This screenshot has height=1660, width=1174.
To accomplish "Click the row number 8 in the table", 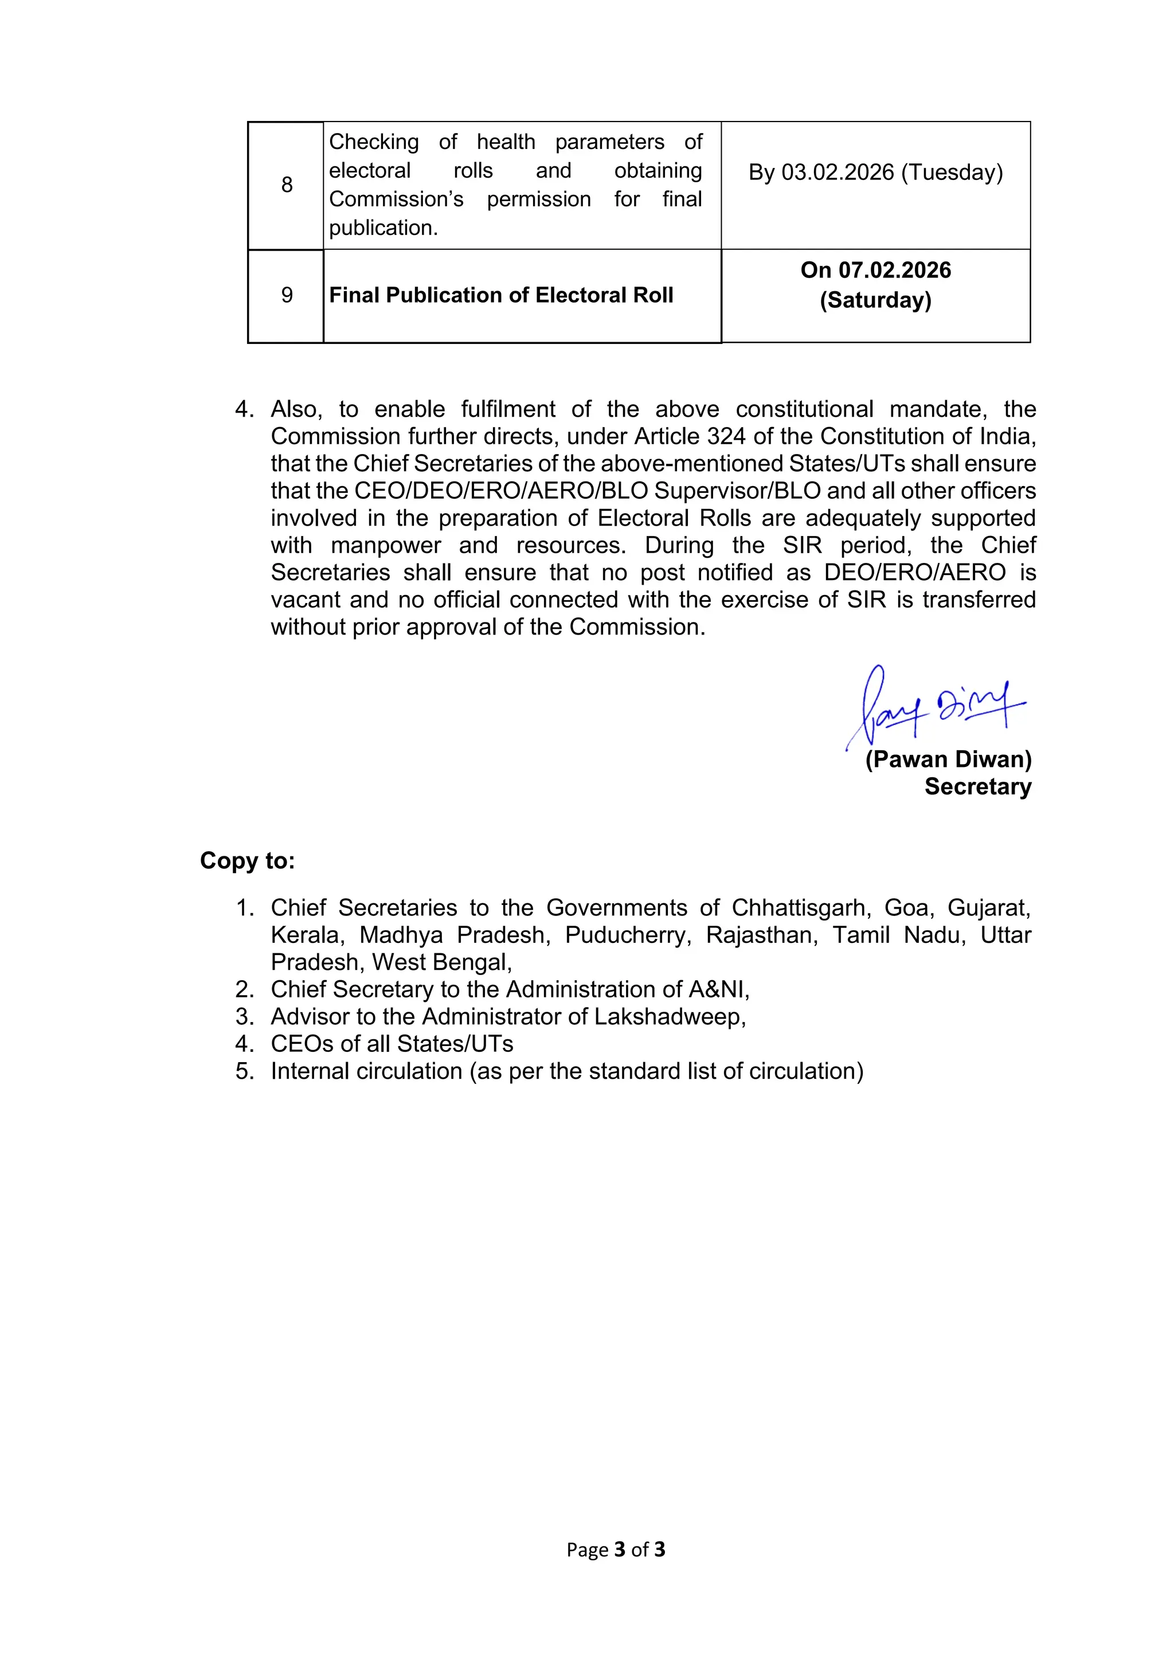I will coord(287,185).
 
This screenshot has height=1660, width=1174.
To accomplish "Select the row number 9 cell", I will coord(287,295).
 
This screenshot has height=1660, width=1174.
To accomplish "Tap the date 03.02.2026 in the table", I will coord(838,172).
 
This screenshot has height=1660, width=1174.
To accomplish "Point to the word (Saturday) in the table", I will coord(875,300).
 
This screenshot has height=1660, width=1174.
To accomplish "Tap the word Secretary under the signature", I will coord(977,786).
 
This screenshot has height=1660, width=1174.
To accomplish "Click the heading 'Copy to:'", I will coord(247,860).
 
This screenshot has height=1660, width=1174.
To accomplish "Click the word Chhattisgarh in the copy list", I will coord(799,907).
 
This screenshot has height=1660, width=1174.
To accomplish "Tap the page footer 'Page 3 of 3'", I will coord(615,1549).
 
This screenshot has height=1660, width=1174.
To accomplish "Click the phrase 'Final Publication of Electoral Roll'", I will coord(501,295).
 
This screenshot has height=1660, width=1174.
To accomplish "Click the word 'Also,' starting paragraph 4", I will coord(295,409).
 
